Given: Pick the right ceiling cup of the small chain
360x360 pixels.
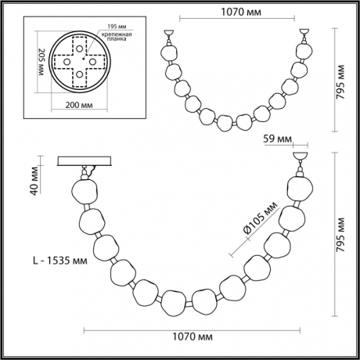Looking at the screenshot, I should point(305,34).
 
